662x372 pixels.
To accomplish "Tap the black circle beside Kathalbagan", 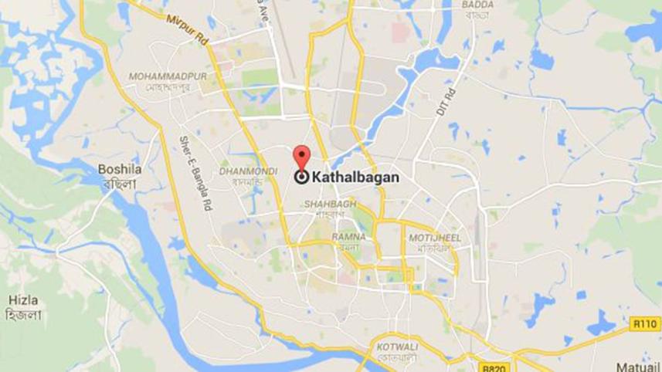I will [x=301, y=177].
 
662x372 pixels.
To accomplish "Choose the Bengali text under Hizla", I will [x=24, y=315].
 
